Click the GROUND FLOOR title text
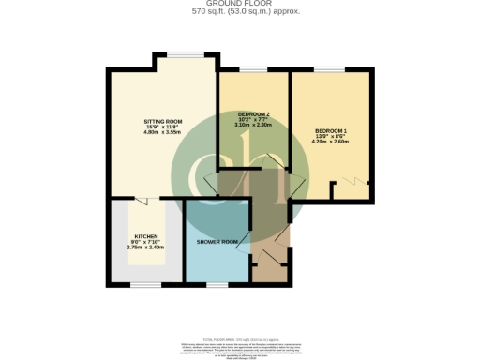(x=240, y=4)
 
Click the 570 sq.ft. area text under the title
(x=240, y=12)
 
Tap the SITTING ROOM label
(x=162, y=123)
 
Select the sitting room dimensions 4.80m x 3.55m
(x=162, y=135)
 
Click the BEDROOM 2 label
(x=252, y=113)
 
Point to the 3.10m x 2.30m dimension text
(x=252, y=125)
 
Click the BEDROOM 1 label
(x=331, y=130)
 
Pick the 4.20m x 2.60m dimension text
(x=331, y=142)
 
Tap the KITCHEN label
(x=145, y=236)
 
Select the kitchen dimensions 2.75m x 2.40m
(x=145, y=247)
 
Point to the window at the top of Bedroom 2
(x=253, y=70)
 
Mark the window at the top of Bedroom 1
(x=328, y=70)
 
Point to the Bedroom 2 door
(x=276, y=161)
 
